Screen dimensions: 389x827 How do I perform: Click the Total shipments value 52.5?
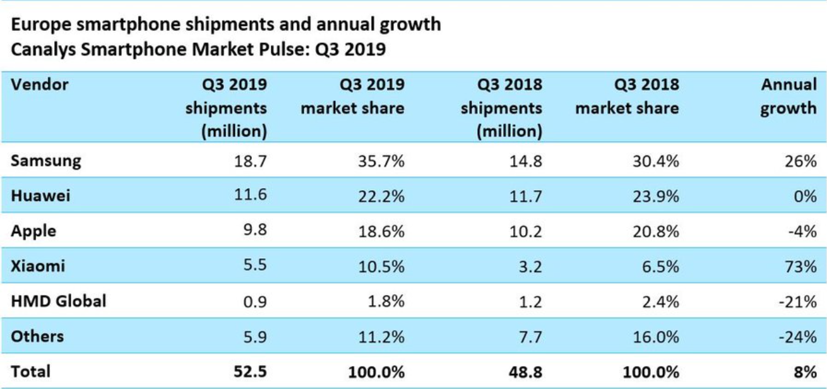(250, 372)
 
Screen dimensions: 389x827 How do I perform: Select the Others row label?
(37, 336)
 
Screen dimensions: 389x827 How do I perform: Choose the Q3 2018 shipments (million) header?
(510, 108)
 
